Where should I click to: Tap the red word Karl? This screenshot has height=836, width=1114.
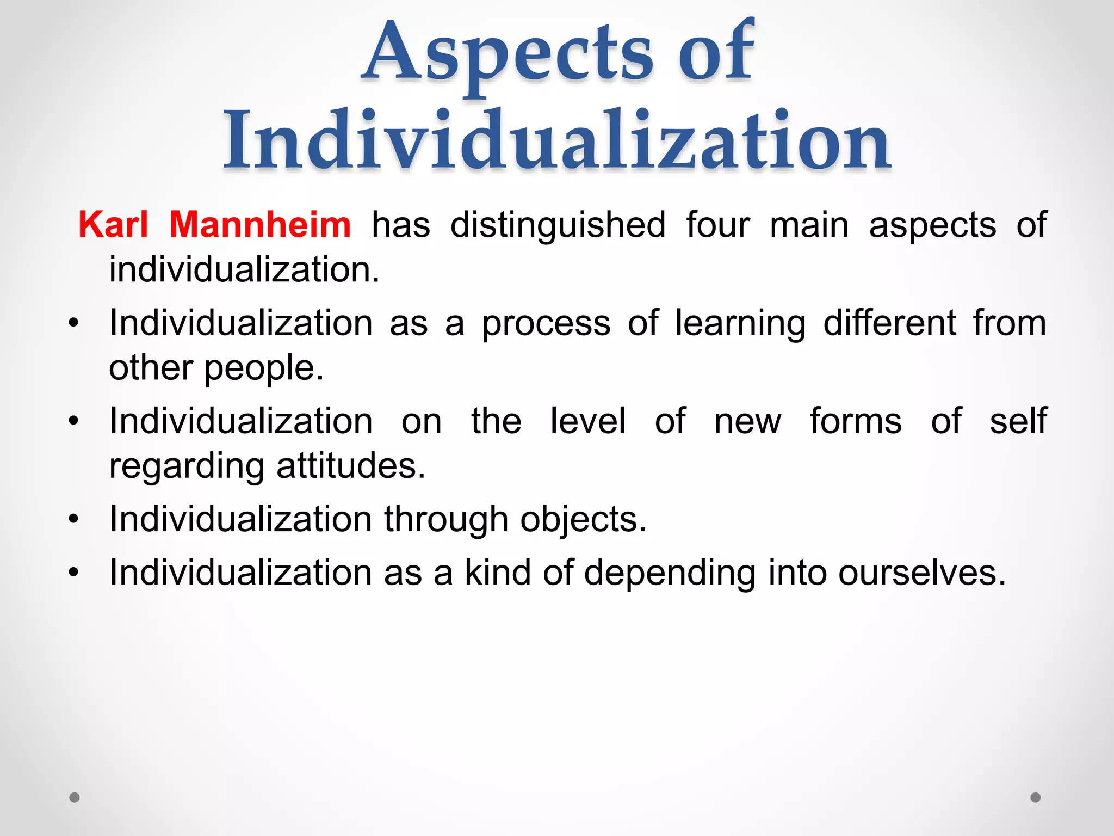tap(113, 225)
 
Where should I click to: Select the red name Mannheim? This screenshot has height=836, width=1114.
tap(260, 225)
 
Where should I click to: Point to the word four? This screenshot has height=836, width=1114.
tap(717, 225)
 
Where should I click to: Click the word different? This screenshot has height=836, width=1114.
tap(889, 323)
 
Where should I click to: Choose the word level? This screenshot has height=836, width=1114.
tap(587, 421)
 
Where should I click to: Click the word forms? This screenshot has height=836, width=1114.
tap(855, 421)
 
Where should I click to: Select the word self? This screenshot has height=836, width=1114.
tap(1018, 421)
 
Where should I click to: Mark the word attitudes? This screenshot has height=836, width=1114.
tap(350, 466)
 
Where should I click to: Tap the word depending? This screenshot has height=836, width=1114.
tap(670, 574)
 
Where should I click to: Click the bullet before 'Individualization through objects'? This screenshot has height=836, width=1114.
tap(74, 519)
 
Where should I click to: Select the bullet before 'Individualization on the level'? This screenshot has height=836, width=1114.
tap(74, 421)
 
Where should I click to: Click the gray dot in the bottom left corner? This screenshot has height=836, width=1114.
tap(75, 797)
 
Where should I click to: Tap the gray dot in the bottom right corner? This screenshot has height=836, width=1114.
tap(1036, 797)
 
